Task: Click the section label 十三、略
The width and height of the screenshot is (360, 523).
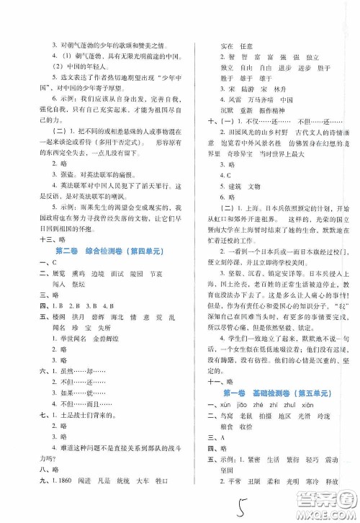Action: point(39,239)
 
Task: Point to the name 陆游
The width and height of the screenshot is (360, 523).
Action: point(233,86)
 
